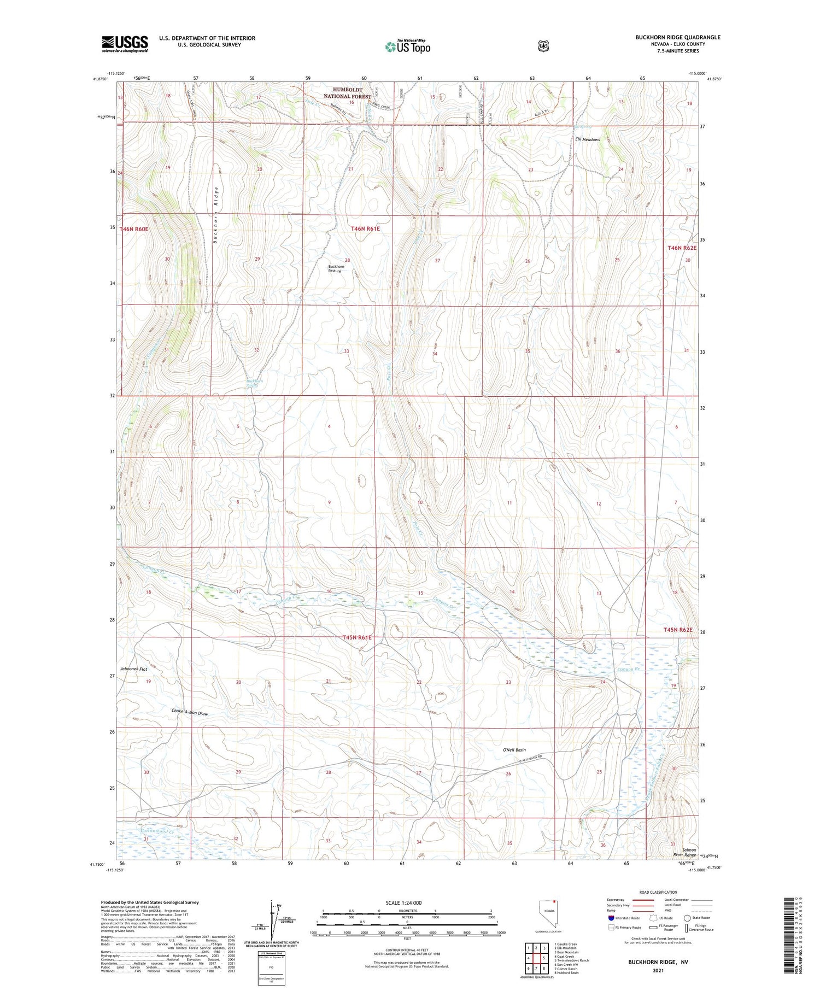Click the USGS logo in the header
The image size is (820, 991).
125,44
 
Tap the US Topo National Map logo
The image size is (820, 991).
407,47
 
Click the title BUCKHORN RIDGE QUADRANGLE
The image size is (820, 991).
677,38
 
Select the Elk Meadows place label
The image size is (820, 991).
587,139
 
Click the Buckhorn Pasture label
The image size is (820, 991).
336,268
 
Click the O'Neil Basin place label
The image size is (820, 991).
514,750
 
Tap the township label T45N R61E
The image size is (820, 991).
357,637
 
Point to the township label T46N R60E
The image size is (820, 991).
134,229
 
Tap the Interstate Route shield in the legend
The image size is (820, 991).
611,918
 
